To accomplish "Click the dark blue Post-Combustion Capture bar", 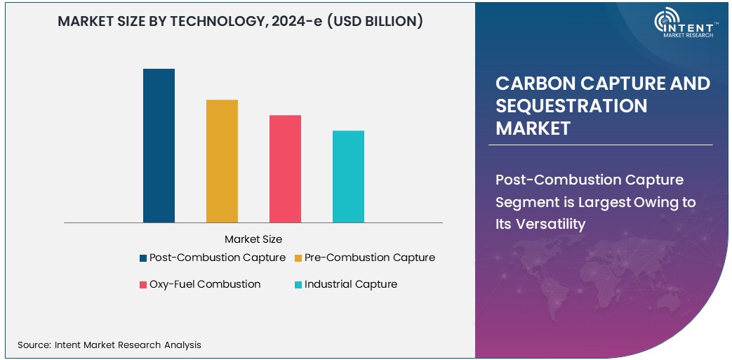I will (159, 146).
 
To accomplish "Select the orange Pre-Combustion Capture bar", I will (222, 161).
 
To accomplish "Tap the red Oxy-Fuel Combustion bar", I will (285, 169).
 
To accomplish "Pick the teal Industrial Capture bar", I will (348, 177).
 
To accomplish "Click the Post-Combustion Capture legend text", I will (218, 258).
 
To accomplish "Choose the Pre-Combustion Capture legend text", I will (370, 258).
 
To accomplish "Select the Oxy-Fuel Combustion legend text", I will (205, 284).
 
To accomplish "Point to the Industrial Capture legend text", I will (351, 284).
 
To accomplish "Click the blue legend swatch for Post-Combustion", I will (143, 258).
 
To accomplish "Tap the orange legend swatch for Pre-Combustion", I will (298, 258).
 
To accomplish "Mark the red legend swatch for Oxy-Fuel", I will (143, 285).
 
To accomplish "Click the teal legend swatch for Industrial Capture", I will (298, 285).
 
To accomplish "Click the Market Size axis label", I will (253, 239).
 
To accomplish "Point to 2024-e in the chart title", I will (310, 22).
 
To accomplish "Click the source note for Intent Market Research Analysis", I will (109, 345).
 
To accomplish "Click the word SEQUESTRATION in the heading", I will (571, 106).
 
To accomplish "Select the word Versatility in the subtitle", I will (540, 225).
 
